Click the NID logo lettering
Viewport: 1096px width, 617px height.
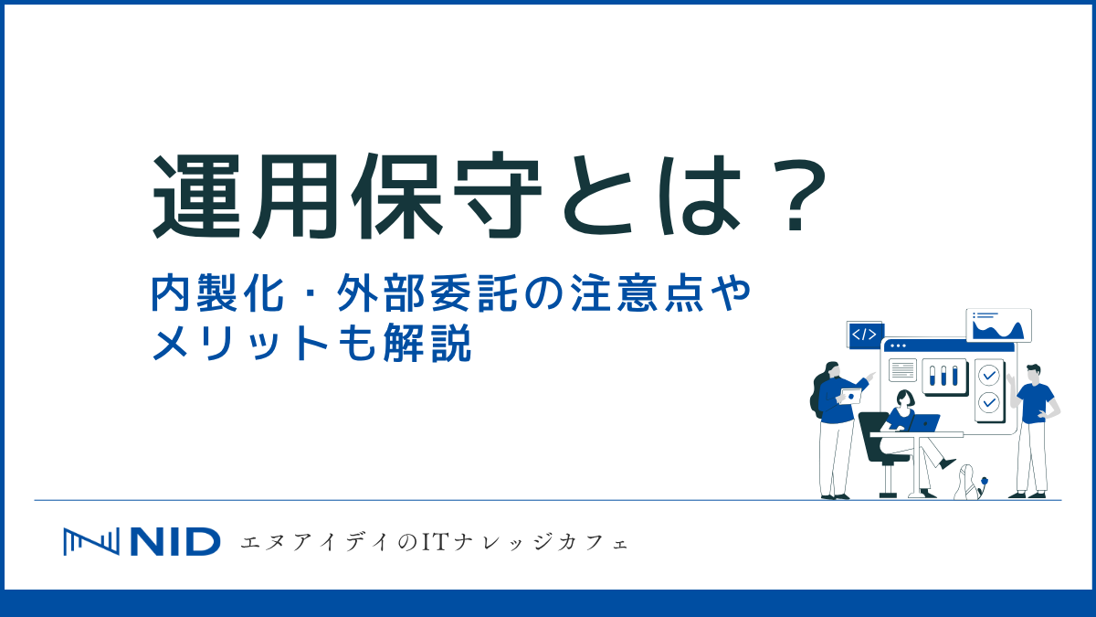(x=174, y=542)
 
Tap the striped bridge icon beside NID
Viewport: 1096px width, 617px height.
(x=90, y=542)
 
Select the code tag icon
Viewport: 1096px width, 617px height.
(x=864, y=335)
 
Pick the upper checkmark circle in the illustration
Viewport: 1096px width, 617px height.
(x=988, y=375)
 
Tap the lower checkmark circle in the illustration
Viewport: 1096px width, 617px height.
(x=988, y=402)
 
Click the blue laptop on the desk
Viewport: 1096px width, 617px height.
(x=924, y=422)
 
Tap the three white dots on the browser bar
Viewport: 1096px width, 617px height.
(x=897, y=346)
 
